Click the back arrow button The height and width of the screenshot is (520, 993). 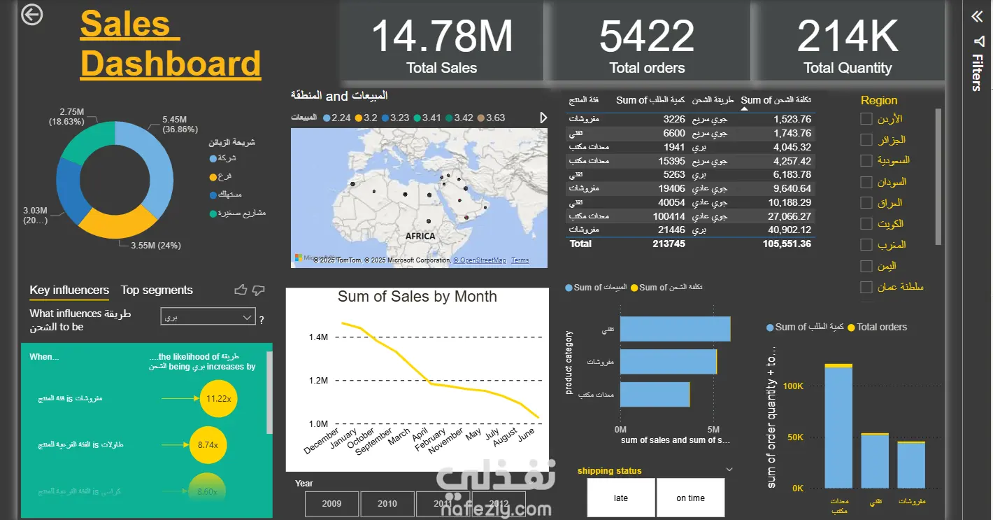click(x=32, y=15)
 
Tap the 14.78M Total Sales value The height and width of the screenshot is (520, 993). click(x=441, y=36)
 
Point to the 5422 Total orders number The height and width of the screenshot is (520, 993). click(x=647, y=36)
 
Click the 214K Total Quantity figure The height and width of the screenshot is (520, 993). click(x=848, y=36)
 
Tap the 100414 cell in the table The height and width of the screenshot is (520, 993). click(x=669, y=216)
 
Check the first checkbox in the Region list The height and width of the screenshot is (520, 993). click(x=866, y=119)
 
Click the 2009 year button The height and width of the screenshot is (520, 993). click(x=331, y=504)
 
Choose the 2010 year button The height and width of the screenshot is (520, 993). click(x=387, y=504)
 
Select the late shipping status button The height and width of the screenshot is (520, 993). click(x=620, y=498)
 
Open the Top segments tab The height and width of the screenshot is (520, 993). click(x=157, y=290)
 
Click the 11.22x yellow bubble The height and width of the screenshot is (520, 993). click(x=214, y=398)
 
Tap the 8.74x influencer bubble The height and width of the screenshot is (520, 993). click(x=208, y=444)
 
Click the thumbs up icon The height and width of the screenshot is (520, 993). click(x=241, y=290)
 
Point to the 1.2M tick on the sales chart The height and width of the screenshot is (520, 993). click(x=318, y=381)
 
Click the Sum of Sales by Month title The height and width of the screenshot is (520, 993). click(x=417, y=297)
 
